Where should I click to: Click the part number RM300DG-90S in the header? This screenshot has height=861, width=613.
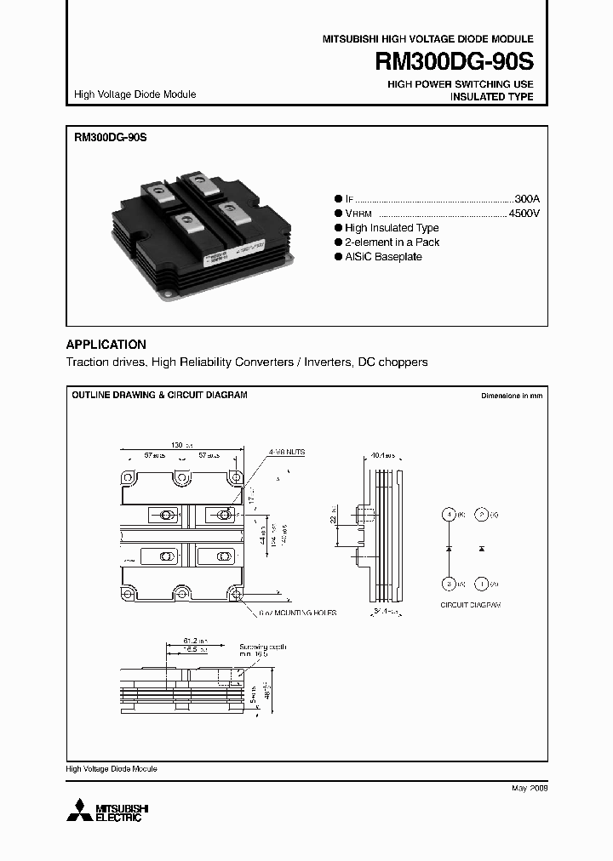(453, 62)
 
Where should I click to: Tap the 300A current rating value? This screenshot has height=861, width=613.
(527, 195)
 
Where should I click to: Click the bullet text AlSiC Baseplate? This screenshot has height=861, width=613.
(383, 257)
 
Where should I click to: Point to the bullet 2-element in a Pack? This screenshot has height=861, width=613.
(392, 242)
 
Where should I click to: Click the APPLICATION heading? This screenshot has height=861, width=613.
(106, 345)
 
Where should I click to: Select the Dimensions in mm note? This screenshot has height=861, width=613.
(511, 396)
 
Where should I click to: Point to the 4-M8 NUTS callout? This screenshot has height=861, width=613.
(286, 451)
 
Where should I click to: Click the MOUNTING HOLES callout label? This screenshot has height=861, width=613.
(300, 613)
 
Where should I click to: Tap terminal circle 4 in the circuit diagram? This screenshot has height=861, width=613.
(448, 516)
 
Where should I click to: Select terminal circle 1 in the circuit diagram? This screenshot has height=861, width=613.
(481, 584)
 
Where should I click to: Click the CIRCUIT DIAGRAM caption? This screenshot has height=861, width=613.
(470, 604)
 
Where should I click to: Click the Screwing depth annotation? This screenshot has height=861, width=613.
(263, 647)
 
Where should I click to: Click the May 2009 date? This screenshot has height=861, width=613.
(529, 789)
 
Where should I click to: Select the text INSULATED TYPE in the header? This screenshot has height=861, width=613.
(491, 97)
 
